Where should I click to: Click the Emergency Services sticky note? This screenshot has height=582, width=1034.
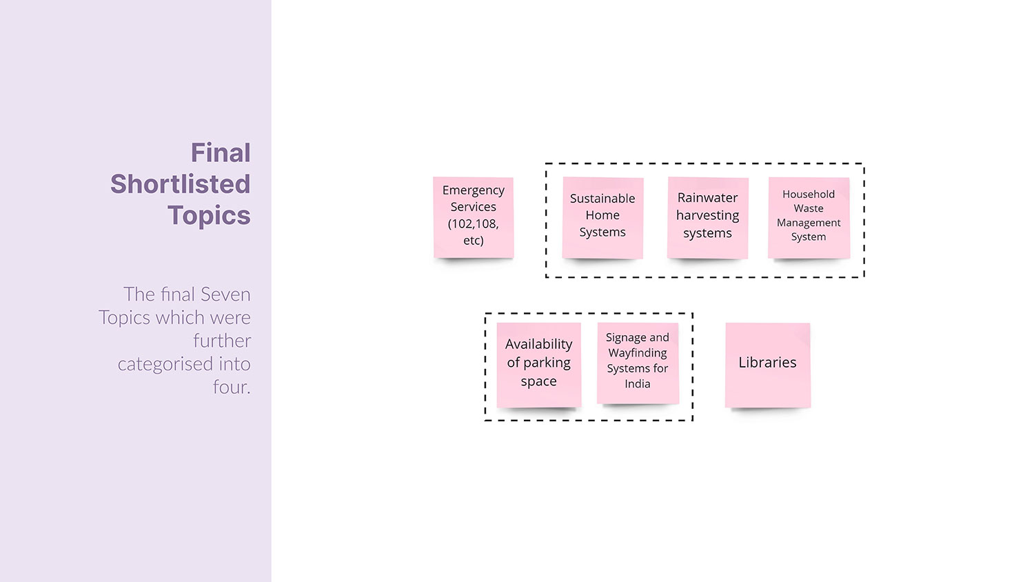click(x=473, y=217)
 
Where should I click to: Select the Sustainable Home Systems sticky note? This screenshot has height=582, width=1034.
click(x=602, y=217)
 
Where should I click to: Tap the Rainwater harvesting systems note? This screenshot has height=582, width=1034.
click(x=707, y=217)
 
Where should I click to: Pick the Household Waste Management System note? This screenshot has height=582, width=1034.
click(x=809, y=217)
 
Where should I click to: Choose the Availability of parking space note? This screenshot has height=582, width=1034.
click(x=538, y=364)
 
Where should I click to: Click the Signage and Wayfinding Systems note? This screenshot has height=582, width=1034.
click(x=638, y=363)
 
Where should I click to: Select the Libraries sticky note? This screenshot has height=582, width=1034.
click(x=767, y=364)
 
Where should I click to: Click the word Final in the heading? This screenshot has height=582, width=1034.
click(x=221, y=153)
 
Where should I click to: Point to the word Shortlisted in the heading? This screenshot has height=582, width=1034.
click(x=181, y=184)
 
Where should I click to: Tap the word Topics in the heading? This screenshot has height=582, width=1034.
click(x=209, y=216)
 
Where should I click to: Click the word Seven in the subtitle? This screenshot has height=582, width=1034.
click(x=225, y=294)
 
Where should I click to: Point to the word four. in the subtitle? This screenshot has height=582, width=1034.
click(x=232, y=388)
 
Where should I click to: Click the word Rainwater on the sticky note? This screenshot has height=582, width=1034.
click(x=707, y=198)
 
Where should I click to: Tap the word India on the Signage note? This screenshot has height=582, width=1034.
click(x=638, y=384)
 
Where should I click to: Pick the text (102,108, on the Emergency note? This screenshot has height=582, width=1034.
click(x=473, y=223)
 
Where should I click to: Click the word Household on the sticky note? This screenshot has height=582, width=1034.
click(x=809, y=194)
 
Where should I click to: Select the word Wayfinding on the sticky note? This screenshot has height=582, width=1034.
click(x=638, y=353)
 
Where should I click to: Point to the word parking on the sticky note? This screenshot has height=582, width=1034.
click(x=547, y=363)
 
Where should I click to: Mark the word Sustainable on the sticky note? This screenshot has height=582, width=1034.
click(x=602, y=199)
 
